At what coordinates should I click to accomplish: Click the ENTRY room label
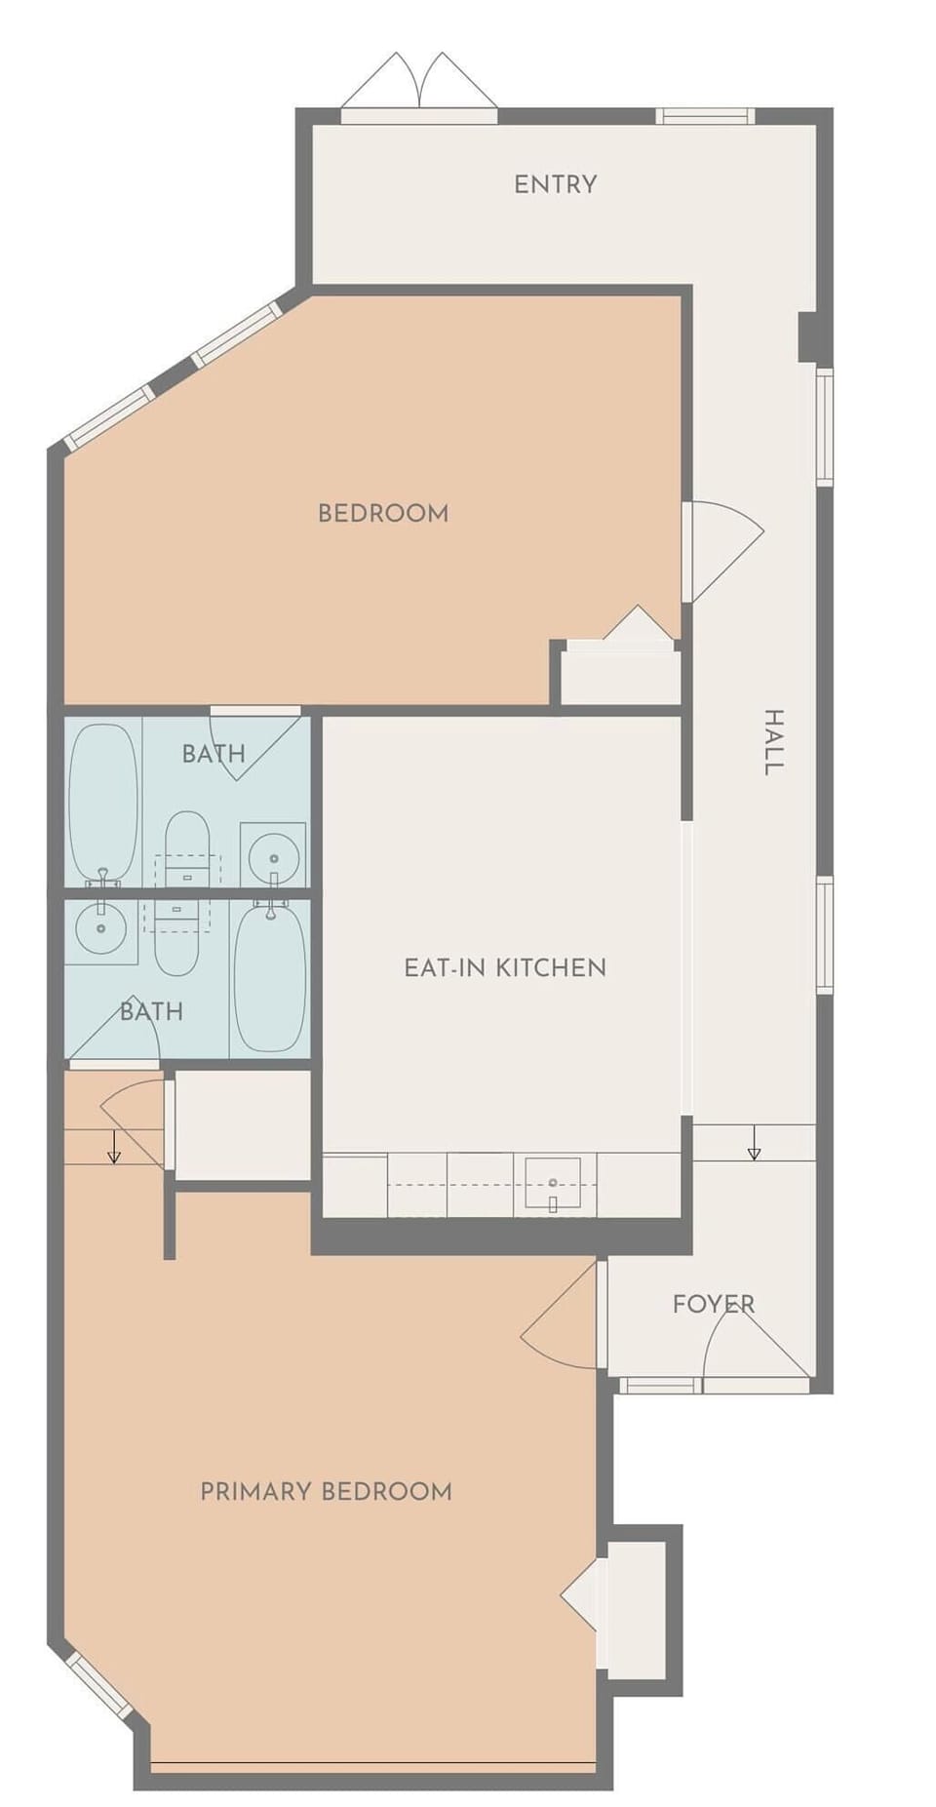pos(555,184)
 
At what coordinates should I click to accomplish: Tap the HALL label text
pos(773,743)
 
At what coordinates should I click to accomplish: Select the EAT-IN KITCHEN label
pos(505,967)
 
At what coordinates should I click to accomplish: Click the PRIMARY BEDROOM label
pos(326,1491)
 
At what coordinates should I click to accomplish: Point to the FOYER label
pos(713,1304)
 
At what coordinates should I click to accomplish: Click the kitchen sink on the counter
pos(553,1183)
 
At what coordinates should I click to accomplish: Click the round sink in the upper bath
pos(273,858)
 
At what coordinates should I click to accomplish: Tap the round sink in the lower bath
pos(100,928)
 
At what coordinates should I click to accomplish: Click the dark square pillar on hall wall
pos(808,336)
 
